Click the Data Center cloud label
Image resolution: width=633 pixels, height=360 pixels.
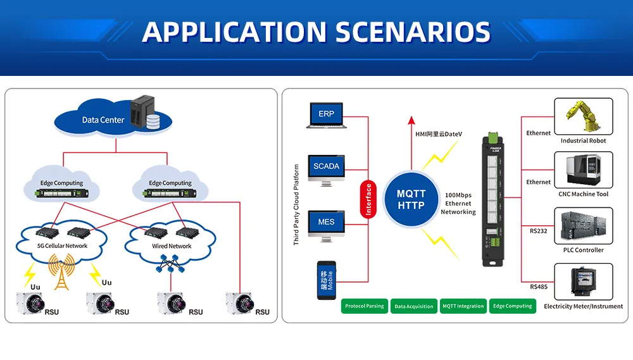coord(103,120)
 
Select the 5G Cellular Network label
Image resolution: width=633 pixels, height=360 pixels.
coord(62,246)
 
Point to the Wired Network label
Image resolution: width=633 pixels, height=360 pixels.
coord(172,246)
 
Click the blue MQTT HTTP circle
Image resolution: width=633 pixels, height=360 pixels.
coord(411,199)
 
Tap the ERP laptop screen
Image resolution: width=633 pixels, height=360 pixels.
coord(325,114)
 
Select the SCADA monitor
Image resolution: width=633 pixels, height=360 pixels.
coord(326,166)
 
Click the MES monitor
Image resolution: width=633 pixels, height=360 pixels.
coord(326,222)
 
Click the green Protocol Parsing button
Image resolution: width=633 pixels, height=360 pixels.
coord(365,306)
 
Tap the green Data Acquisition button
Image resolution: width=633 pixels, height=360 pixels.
coord(414,306)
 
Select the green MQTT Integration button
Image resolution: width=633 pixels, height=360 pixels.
coord(463,306)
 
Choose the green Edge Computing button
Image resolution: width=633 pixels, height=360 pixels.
coord(513,306)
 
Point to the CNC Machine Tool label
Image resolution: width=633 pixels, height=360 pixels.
coord(583,194)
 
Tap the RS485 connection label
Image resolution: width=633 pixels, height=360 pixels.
coord(539,287)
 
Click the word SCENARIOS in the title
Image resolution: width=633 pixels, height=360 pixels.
coord(408,32)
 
